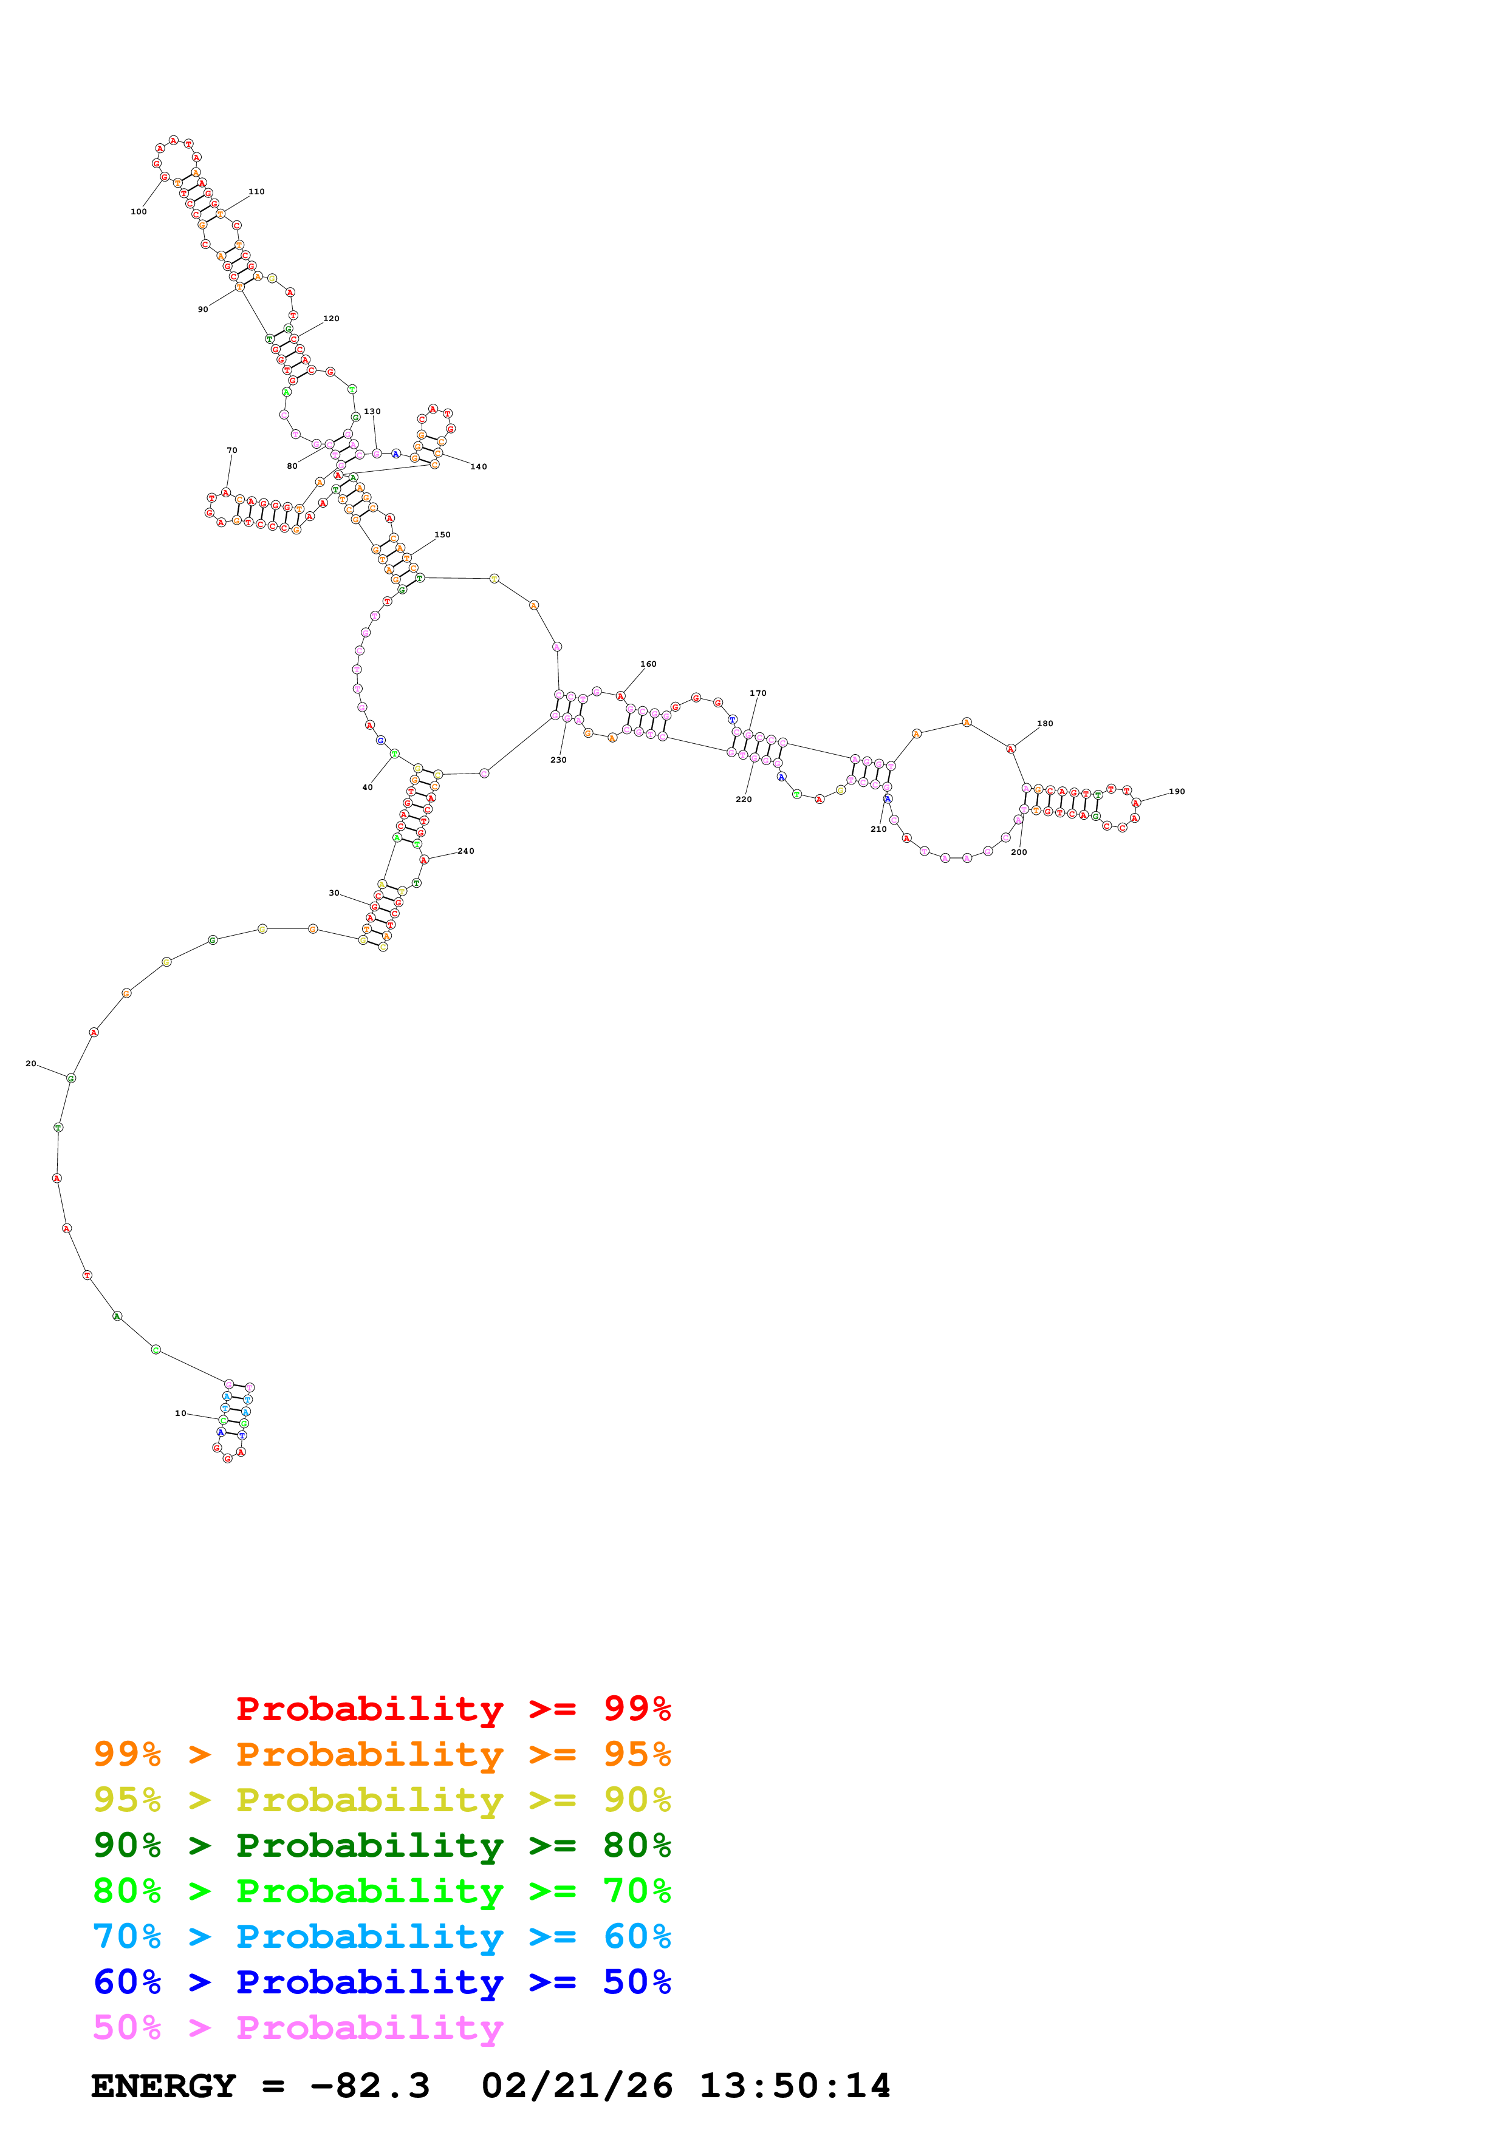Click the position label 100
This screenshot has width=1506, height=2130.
pos(139,211)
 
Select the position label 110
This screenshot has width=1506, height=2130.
pos(256,192)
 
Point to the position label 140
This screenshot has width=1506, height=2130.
pos(478,467)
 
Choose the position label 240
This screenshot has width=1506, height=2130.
pos(466,851)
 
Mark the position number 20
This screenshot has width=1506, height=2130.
pos(30,1063)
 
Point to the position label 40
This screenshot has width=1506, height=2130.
pos(368,788)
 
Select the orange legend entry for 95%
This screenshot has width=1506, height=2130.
pos(382,1754)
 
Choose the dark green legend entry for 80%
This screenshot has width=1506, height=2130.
pos(382,1845)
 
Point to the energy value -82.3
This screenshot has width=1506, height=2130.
pos(369,2086)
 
